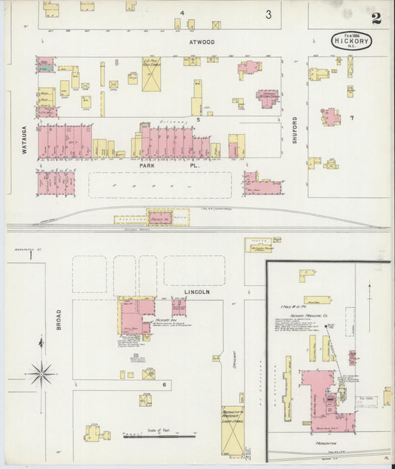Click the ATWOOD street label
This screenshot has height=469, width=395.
201,42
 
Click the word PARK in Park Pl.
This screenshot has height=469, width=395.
147,166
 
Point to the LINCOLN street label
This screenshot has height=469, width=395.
198,292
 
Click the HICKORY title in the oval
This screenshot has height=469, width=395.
351,40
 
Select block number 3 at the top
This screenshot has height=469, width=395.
269,14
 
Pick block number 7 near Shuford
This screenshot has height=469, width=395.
353,118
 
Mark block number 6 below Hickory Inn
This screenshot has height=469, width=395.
165,384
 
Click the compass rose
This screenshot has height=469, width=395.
41,372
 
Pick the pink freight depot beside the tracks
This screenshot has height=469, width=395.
160,220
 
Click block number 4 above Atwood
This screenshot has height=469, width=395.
182,13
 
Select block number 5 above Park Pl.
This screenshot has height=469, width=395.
198,119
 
